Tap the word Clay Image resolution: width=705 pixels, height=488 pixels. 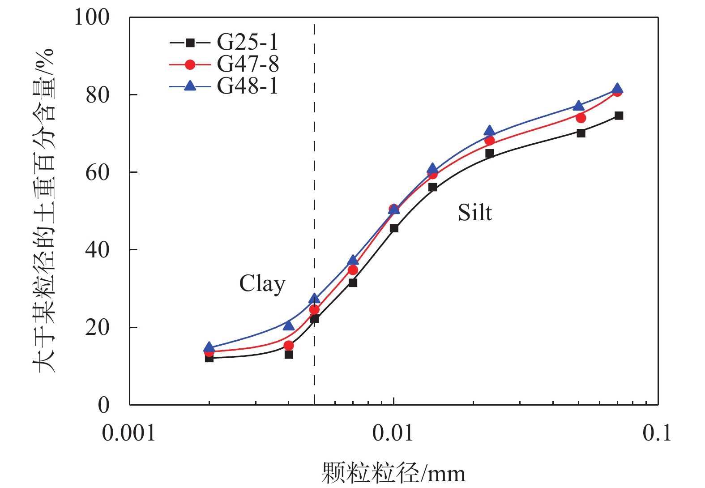pyautogui.click(x=262, y=284)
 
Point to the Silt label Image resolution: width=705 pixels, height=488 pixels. pyautogui.click(x=475, y=213)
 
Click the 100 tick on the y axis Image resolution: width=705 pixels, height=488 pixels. pyautogui.click(x=92, y=18)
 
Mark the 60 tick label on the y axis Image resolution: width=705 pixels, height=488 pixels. pyautogui.click(x=98, y=173)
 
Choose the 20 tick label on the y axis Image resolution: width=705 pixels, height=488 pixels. pyautogui.click(x=98, y=328)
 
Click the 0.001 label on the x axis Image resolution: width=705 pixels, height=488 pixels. pyautogui.click(x=129, y=433)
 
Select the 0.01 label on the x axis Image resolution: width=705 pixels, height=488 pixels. pyautogui.click(x=393, y=433)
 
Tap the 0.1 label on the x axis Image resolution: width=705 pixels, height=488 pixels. pyautogui.click(x=657, y=433)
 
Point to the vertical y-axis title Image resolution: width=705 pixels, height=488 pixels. pyautogui.click(x=44, y=210)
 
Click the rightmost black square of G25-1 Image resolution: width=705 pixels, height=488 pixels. pyautogui.click(x=619, y=116)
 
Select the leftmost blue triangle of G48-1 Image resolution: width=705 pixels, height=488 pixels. pyautogui.click(x=209, y=347)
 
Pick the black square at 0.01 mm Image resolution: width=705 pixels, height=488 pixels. pyautogui.click(x=394, y=228)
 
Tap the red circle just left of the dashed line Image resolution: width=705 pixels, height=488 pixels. pyautogui.click(x=289, y=346)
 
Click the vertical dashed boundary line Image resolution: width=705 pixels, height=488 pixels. pyautogui.click(x=315, y=179)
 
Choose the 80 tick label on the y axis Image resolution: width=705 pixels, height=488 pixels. pyautogui.click(x=98, y=95)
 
